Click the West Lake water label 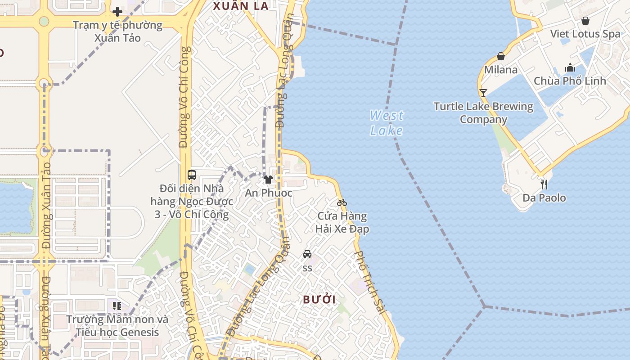click(x=386, y=123)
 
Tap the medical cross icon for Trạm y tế click(x=117, y=11)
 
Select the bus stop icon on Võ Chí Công click(x=192, y=175)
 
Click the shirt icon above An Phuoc click(x=268, y=180)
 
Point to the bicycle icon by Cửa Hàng click(x=342, y=202)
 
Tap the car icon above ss click(x=307, y=254)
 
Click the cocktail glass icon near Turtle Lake click(x=483, y=93)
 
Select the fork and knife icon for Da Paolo click(x=544, y=184)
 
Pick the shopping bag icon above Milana click(x=501, y=56)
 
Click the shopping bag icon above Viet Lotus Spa click(x=585, y=21)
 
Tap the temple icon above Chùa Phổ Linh click(x=570, y=67)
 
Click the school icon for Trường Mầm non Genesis click(x=117, y=306)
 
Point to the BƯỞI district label click(x=319, y=300)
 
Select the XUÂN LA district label click(x=241, y=6)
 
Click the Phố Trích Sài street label click(x=370, y=283)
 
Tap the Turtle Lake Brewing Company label click(x=483, y=113)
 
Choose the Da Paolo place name click(x=544, y=198)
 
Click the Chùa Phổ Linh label click(x=570, y=81)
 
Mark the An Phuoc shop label click(x=269, y=193)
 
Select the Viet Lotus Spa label click(x=585, y=34)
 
